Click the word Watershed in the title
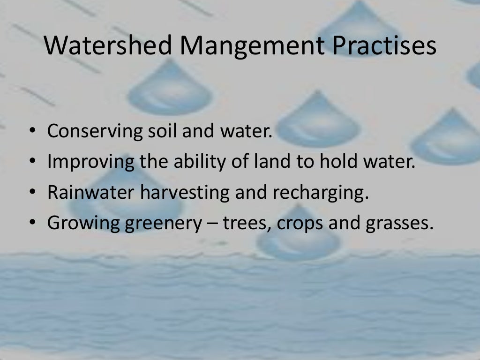(x=108, y=46)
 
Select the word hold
(x=339, y=162)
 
